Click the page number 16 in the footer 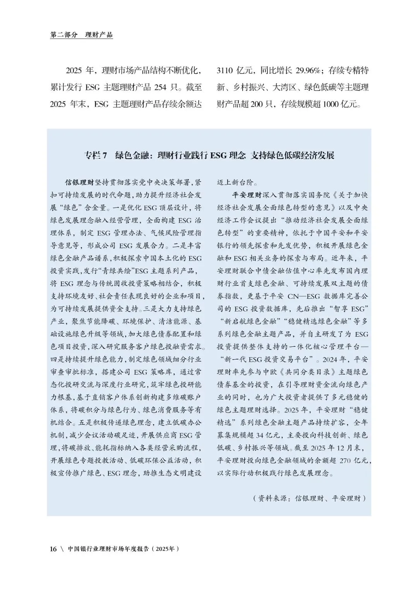click(53, 549)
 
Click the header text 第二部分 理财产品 click(82, 35)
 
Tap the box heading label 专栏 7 click(95, 156)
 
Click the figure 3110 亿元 click(235, 71)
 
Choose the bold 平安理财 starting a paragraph click(247, 195)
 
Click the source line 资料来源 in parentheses click(274, 498)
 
